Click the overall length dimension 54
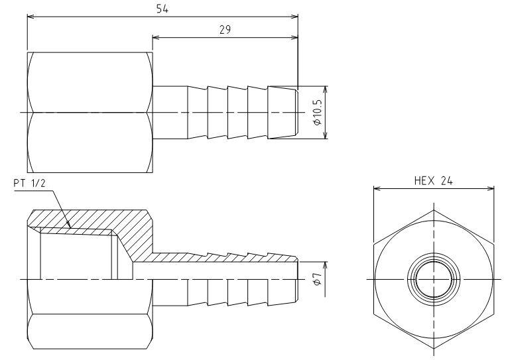point(162,9)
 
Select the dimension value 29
point(225,30)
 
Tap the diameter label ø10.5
point(318,112)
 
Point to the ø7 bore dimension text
point(318,279)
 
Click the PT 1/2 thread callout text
point(29,184)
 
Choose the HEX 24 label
point(433,181)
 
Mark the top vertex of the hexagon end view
point(434,210)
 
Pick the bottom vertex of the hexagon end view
point(434,348)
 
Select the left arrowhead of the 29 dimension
point(156,37)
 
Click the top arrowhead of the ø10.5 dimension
point(326,90)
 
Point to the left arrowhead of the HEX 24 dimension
point(377,188)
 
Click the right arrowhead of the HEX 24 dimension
point(490,188)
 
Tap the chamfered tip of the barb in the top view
point(296,113)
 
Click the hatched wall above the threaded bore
point(91,219)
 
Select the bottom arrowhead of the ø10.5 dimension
point(326,135)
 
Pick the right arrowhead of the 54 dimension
point(294,17)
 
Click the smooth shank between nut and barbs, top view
point(170,113)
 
